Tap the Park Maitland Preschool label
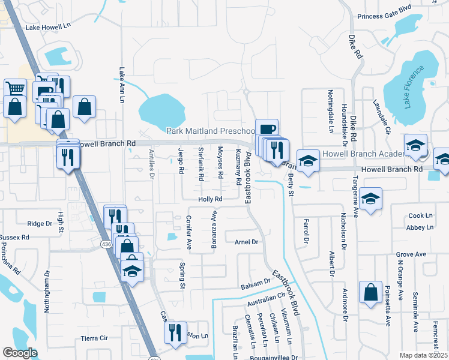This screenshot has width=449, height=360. click(211, 131)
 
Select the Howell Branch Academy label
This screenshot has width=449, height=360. click(364, 154)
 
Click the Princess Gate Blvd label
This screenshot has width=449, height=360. click(385, 8)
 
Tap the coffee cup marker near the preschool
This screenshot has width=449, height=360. click(267, 129)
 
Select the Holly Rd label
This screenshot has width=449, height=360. click(211, 199)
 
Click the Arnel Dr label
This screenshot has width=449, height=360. click(246, 242)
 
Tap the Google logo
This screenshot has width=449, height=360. click(19, 353)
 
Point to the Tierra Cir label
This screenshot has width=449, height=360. click(94, 338)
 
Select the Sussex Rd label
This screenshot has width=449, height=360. click(14, 238)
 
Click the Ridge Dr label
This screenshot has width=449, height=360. click(40, 223)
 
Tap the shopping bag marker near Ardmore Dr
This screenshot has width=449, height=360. click(371, 293)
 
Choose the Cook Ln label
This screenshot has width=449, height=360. click(420, 215)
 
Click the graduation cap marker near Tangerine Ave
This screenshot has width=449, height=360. click(372, 199)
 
